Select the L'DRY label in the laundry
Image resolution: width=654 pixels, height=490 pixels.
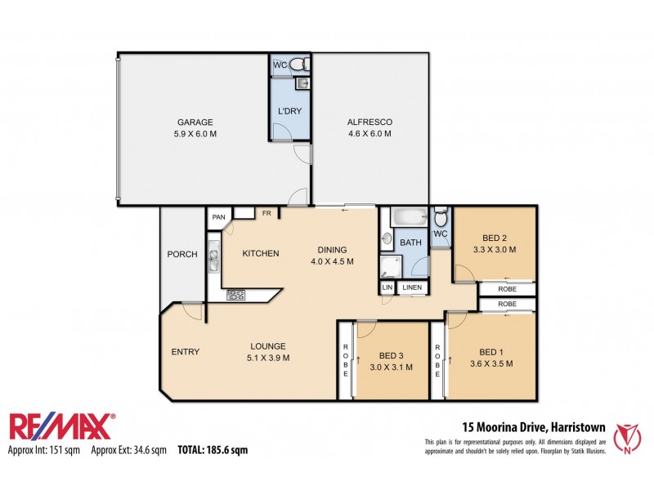tap(289, 110)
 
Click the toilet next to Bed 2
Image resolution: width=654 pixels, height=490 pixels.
tap(441, 218)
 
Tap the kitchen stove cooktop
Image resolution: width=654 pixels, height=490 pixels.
tap(236, 295)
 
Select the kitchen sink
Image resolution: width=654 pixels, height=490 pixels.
tap(213, 260)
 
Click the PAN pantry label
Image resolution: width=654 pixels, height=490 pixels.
tap(218, 217)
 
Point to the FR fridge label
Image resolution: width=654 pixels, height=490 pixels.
tap(267, 214)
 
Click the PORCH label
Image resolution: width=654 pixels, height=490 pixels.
tap(182, 254)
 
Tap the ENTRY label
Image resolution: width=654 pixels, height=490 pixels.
tap(185, 352)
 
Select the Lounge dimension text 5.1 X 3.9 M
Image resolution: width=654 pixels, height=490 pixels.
tap(269, 358)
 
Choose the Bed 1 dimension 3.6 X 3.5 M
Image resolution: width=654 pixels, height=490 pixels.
tap(491, 364)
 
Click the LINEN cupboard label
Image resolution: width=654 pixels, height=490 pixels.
tap(412, 287)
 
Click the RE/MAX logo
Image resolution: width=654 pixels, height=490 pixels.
tap(61, 427)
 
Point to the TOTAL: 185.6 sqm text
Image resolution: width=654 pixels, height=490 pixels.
tap(212, 450)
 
